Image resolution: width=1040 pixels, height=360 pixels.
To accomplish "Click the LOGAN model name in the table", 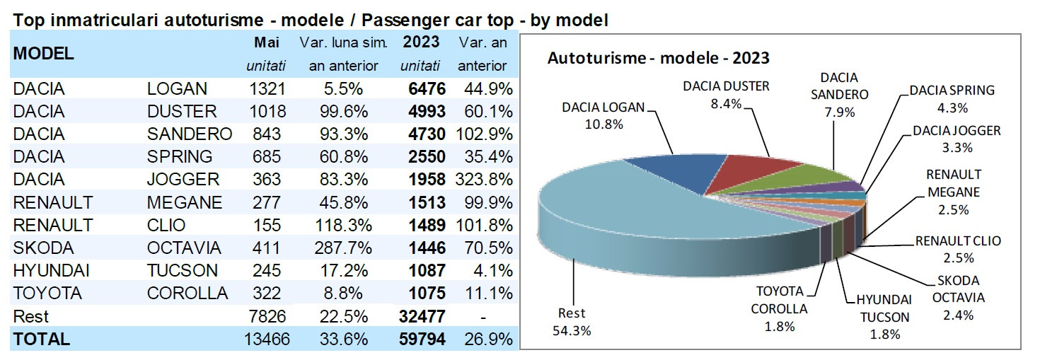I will click(177, 89).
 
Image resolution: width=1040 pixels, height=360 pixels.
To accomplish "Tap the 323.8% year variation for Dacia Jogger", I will click(485, 180).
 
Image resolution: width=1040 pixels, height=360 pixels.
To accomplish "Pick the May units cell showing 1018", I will click(267, 112).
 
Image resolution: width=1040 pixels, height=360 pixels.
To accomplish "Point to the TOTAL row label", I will click(42, 339).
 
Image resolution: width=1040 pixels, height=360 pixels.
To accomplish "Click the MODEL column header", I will click(44, 53).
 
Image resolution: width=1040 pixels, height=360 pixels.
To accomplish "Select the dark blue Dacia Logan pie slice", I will click(669, 170).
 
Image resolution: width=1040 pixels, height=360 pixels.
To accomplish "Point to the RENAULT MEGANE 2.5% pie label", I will click(953, 192).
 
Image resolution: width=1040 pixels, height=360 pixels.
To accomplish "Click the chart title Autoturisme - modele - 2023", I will click(658, 58).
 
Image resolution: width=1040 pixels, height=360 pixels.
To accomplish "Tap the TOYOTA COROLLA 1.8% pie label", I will click(780, 308).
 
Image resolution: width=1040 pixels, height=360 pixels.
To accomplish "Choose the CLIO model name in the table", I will click(166, 225).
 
